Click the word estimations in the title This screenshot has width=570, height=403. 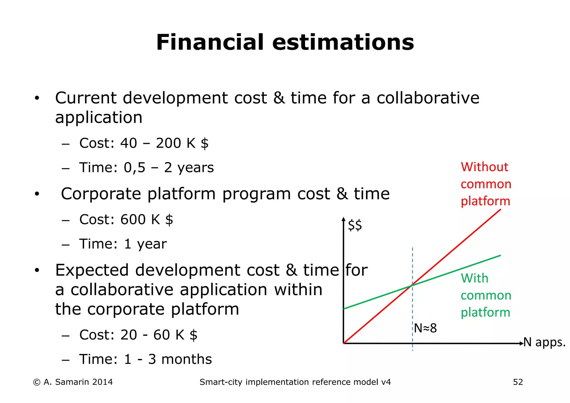(343, 42)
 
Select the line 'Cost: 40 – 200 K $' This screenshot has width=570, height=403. (144, 143)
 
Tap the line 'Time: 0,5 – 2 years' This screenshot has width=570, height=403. (146, 168)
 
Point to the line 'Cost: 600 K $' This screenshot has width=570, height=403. (126, 220)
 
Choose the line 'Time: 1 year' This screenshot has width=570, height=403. (123, 244)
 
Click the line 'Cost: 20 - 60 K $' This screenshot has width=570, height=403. (138, 335)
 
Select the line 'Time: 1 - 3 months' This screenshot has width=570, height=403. (146, 359)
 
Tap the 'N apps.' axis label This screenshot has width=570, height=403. (544, 342)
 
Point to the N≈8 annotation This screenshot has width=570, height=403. (425, 328)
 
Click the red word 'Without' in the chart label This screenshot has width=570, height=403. (484, 167)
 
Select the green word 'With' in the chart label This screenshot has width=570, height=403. (474, 278)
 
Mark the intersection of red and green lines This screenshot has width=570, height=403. (412, 285)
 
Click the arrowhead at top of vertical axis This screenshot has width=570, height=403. (344, 219)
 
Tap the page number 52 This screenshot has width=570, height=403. (518, 382)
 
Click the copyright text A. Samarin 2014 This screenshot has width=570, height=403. (73, 382)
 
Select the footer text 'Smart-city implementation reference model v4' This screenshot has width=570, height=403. (295, 382)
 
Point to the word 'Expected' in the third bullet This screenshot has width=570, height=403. (92, 270)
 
